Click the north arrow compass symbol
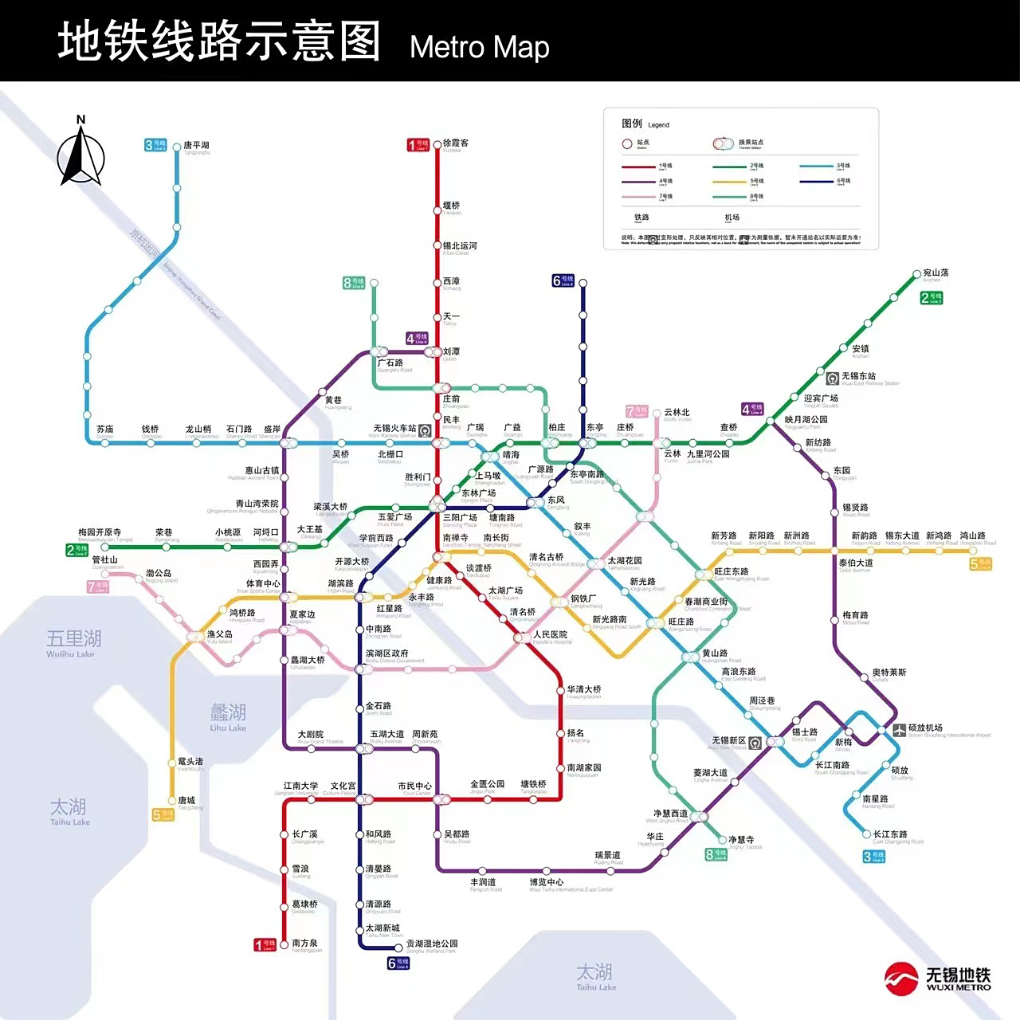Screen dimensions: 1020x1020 point(80,151)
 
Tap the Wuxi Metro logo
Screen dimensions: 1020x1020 point(938,978)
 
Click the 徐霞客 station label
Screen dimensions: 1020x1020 point(456,143)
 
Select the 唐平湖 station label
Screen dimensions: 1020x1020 point(196,146)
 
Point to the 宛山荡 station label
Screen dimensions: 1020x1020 point(936,273)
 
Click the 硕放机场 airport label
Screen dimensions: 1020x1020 point(925,728)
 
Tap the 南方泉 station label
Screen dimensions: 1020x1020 point(305,943)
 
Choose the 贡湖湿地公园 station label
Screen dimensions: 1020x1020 point(432,943)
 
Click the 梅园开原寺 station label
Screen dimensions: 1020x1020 point(100,532)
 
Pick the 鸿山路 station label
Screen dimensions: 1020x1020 point(972,535)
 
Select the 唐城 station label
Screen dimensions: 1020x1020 point(186,800)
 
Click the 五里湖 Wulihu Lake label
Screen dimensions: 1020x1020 point(73,640)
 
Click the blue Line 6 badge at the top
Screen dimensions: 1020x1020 point(563,280)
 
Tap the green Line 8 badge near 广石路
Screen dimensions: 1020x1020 point(354,282)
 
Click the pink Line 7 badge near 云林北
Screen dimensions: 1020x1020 point(637,411)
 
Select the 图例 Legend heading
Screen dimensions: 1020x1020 point(632,124)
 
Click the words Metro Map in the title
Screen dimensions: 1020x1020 point(479,47)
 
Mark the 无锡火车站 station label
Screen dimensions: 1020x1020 point(394,429)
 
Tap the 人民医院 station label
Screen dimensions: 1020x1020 point(551,635)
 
